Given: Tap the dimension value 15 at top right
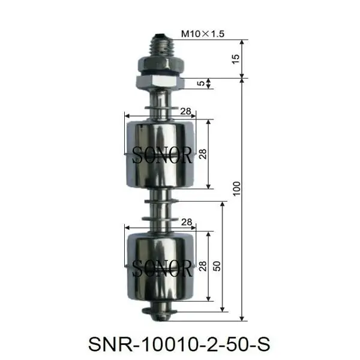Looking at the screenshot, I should point(235,59).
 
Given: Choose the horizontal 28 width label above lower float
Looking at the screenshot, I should point(186,222).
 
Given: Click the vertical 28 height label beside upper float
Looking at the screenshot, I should point(202,154).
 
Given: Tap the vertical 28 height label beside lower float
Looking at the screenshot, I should point(202,265).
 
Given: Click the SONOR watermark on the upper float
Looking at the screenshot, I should point(162,156).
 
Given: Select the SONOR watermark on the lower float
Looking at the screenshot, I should point(162,268).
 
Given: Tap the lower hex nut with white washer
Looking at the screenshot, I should point(159,81).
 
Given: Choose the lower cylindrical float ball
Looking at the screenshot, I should point(160,264).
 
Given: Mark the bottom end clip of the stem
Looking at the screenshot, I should point(160,310).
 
